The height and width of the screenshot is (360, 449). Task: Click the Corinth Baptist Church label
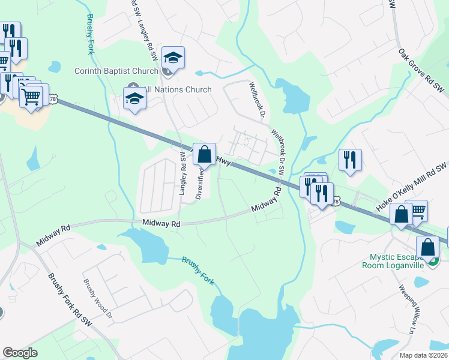[x=116, y=71]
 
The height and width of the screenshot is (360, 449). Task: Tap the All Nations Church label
[x=178, y=89]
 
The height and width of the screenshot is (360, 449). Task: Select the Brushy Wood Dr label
[x=97, y=299]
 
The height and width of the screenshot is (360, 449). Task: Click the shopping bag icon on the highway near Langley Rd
[x=205, y=154]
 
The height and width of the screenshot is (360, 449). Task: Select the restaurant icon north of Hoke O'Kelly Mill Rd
[x=350, y=160]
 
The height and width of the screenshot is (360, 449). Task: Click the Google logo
[x=20, y=353]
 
